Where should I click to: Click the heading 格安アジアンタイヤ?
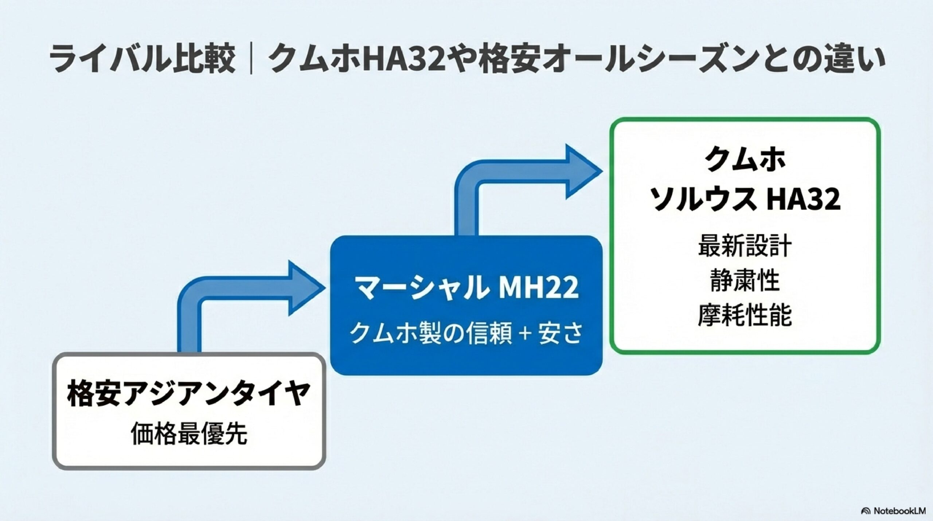point(188,394)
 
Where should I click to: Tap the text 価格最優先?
point(189,434)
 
